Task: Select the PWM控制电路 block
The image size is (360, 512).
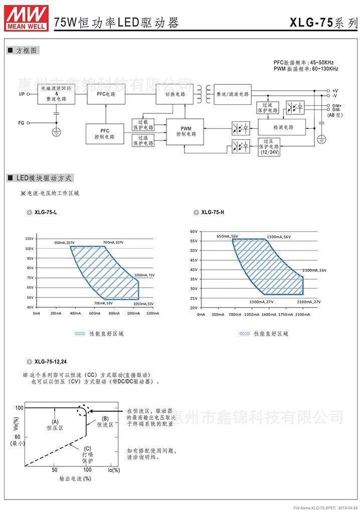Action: [x=186, y=131]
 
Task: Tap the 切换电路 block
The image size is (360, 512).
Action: [x=175, y=94]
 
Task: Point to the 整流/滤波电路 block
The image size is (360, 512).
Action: [x=232, y=94]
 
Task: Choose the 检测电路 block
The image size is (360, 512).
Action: [x=282, y=127]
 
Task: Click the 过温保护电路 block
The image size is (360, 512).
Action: [x=143, y=140]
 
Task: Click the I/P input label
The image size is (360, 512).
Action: [x=22, y=94]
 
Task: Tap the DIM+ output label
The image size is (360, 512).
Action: [x=337, y=106]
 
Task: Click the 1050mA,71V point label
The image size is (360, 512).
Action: [x=144, y=275]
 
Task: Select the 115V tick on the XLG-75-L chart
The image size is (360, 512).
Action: [x=29, y=239]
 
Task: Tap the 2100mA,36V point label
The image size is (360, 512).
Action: [x=314, y=270]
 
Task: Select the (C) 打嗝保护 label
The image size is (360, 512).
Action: [x=87, y=454]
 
